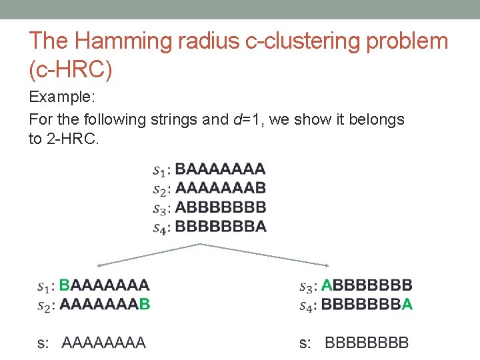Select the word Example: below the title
63,97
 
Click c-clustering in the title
283,41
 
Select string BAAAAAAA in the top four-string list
220,168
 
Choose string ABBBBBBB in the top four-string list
220,207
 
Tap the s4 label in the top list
159,228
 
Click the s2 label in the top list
159,189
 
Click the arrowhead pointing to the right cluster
329,265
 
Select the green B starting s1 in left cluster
65,286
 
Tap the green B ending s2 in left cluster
145,305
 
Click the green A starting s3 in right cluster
327,286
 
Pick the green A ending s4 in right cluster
407,305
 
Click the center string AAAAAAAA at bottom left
104,343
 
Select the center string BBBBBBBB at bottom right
367,343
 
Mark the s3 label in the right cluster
307,287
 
